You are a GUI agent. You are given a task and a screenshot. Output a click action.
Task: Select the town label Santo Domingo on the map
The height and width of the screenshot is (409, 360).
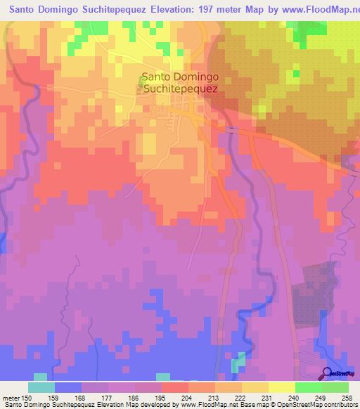[180, 77]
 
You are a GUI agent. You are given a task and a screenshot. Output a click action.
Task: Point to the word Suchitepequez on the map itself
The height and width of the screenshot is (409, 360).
[180, 89]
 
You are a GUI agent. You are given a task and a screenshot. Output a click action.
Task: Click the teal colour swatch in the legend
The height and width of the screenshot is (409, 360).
[41, 387]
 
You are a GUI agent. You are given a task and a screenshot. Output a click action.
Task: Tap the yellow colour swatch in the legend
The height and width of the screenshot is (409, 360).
[281, 387]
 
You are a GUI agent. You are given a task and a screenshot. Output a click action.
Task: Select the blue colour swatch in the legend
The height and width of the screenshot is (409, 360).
[67, 387]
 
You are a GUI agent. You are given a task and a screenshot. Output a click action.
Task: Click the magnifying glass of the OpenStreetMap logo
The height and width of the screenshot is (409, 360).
[327, 372]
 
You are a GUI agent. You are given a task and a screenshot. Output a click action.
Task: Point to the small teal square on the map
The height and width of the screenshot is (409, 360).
[241, 360]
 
